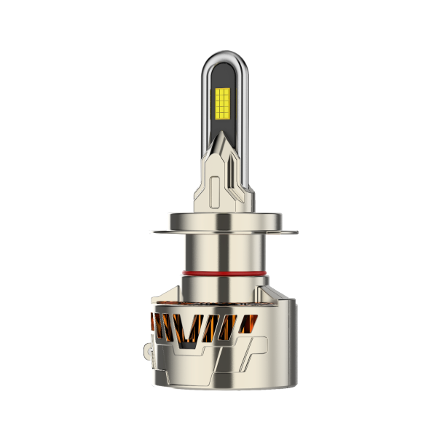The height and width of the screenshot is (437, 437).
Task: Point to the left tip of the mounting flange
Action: click(x=151, y=232)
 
